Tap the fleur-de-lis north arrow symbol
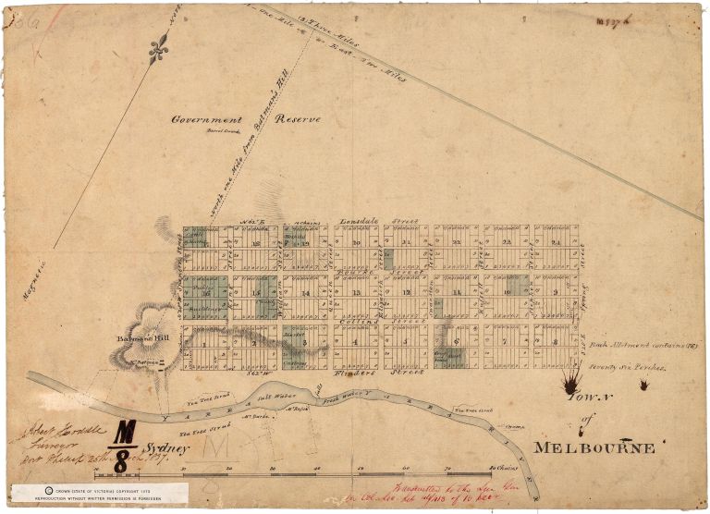tap(158, 48)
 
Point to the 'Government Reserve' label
tap(246, 120)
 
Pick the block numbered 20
tap(356, 242)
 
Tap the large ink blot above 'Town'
tap(571, 377)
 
